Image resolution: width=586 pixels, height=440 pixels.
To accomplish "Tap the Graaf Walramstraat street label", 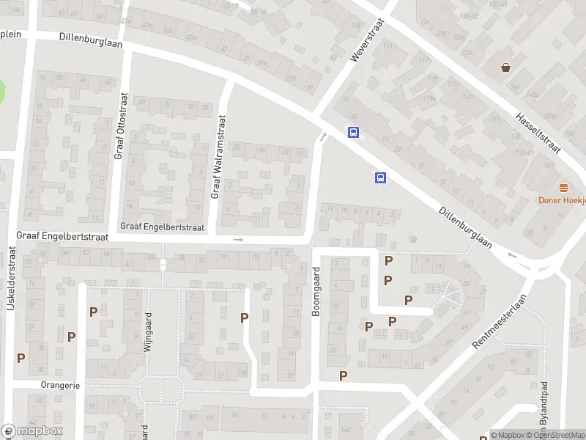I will click(218, 156).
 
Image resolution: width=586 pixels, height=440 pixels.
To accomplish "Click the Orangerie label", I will click(60, 385).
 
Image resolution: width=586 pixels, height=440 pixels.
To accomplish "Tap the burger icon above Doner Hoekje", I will click(563, 188).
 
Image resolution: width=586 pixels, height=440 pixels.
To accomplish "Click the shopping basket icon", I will click(506, 68).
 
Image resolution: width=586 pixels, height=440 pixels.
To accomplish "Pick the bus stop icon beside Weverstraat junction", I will click(353, 133).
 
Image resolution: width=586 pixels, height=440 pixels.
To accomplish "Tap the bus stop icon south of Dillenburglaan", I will click(380, 177).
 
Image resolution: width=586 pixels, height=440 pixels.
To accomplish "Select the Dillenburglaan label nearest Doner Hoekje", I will click(464, 227).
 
